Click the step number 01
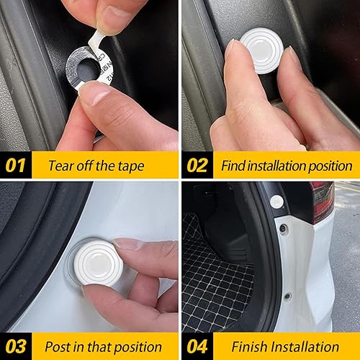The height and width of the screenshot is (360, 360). [16, 165]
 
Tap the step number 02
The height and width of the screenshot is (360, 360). [197, 165]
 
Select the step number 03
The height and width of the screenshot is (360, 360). [16, 346]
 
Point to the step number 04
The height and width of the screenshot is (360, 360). [197, 346]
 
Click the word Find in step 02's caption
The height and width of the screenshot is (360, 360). [233, 165]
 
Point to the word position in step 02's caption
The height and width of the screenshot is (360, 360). [330, 165]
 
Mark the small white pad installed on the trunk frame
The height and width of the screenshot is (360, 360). [276, 202]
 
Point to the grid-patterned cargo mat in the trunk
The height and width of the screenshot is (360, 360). [216, 288]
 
